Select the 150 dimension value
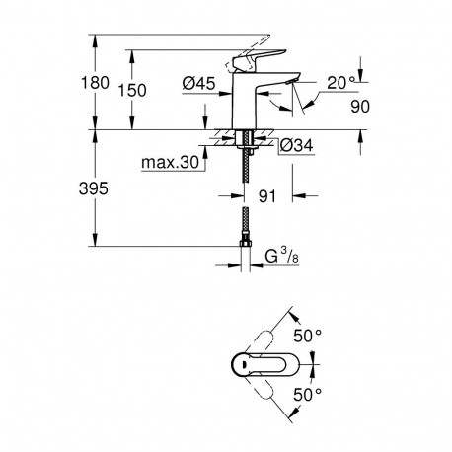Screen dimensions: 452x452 click(x=148, y=90)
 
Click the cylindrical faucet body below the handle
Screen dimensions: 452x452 click(x=244, y=109)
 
